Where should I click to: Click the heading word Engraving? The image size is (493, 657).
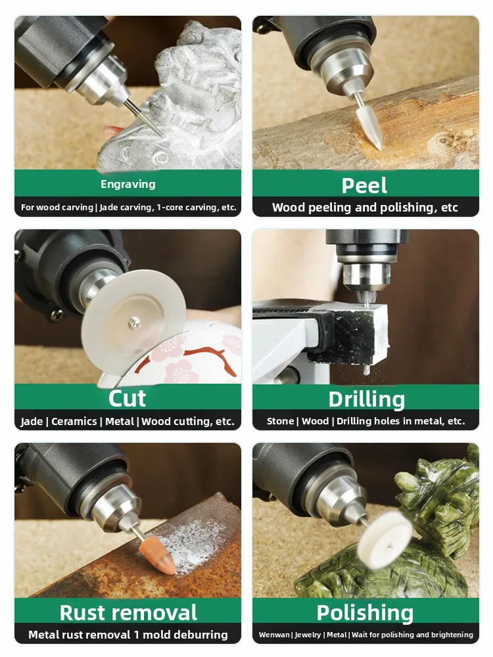point(128,185)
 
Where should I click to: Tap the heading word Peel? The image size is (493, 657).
point(365,185)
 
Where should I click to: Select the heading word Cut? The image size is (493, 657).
point(128,398)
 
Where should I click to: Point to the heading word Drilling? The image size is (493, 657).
point(367,399)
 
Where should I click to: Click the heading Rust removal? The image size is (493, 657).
point(128,612)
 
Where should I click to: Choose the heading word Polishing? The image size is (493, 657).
point(365,612)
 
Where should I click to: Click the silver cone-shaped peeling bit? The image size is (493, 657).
point(367,129)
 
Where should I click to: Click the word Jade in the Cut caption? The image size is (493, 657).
point(32,422)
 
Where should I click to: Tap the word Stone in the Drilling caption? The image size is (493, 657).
point(280,421)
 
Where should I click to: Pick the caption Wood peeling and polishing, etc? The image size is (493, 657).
point(365,208)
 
